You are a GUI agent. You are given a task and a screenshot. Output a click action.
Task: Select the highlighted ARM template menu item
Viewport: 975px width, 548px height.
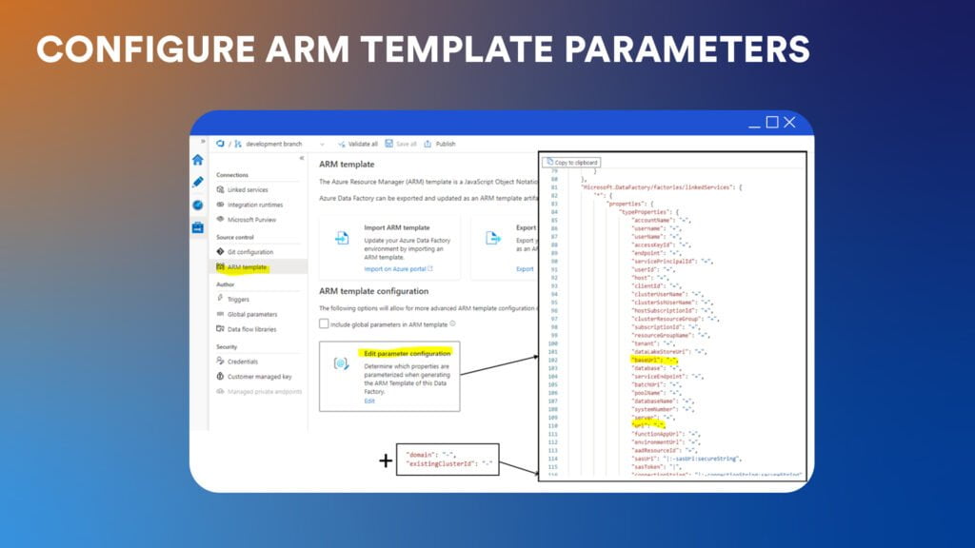[247, 267]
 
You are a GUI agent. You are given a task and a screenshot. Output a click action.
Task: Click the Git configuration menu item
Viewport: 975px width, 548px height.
[249, 252]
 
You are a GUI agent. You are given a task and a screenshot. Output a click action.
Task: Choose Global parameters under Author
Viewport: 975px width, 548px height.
[251, 314]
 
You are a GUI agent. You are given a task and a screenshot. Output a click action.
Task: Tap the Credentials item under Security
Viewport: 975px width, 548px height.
[242, 362]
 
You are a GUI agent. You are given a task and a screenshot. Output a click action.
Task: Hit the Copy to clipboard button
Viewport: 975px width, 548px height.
[572, 163]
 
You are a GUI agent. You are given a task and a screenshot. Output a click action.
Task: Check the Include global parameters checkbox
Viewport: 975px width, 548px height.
[325, 323]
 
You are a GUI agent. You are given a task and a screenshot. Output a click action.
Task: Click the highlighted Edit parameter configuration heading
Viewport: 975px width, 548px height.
[408, 353]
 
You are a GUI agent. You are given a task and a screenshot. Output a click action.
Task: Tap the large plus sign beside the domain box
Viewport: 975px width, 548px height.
[385, 461]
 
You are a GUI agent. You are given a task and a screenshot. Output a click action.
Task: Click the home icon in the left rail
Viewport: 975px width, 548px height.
[197, 160]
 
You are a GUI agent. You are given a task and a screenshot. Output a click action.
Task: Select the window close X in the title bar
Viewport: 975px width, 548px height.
[789, 123]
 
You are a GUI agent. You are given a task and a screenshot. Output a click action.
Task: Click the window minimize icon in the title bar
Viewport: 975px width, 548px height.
[755, 123]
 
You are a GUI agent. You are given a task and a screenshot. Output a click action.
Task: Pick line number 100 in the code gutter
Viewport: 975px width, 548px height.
[553, 343]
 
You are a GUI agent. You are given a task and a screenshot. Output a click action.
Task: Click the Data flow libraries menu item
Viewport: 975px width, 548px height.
[252, 329]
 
